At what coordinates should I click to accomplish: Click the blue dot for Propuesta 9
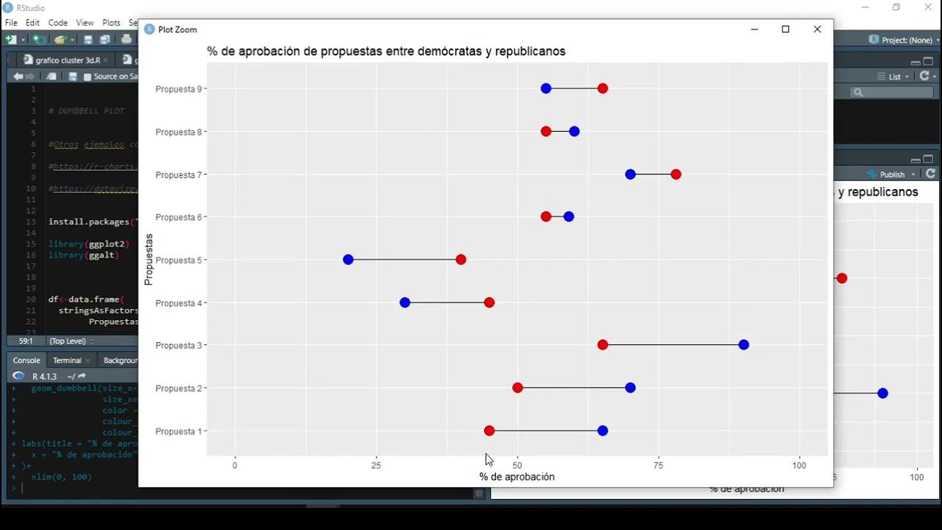pyautogui.click(x=546, y=88)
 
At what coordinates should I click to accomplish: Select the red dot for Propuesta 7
pyautogui.click(x=676, y=174)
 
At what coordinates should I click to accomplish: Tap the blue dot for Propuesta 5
pyautogui.click(x=348, y=260)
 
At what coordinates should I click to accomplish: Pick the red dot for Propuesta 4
pyautogui.click(x=489, y=303)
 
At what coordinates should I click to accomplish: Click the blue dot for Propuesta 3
pyautogui.click(x=743, y=345)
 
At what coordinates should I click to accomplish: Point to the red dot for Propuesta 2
pyautogui.click(x=517, y=388)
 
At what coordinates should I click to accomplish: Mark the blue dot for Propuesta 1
pyautogui.click(x=603, y=431)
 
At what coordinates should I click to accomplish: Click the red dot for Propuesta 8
pyautogui.click(x=546, y=132)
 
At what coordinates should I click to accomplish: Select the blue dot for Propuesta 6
pyautogui.click(x=569, y=217)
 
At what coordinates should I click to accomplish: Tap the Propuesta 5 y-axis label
pyautogui.click(x=177, y=261)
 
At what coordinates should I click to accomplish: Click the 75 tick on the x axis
pyautogui.click(x=659, y=465)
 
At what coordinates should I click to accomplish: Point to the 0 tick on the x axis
pyautogui.click(x=235, y=465)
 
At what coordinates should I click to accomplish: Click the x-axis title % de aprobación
pyautogui.click(x=517, y=477)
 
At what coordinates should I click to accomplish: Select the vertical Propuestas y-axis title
pyautogui.click(x=149, y=259)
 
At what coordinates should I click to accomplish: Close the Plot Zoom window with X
pyautogui.click(x=817, y=29)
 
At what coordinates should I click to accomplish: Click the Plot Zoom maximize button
pyautogui.click(x=785, y=29)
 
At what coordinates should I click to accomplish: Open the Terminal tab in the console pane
pyautogui.click(x=67, y=361)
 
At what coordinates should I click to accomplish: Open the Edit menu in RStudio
pyautogui.click(x=32, y=23)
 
